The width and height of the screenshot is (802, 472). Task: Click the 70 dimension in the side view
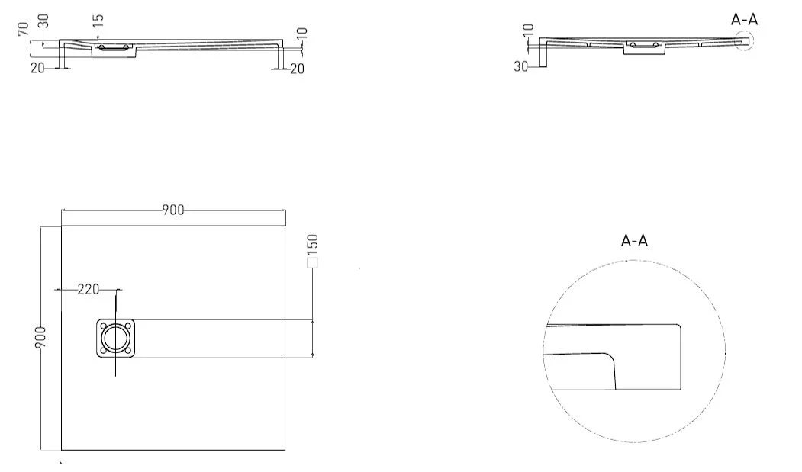22,30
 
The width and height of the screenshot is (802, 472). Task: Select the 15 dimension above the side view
98,21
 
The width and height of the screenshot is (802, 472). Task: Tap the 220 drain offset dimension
88,290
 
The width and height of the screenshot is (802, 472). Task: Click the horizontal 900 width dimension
173,210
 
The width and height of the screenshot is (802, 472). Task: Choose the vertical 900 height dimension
40,337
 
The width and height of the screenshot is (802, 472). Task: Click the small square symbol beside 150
312,263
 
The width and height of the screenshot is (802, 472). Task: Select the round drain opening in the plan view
115,338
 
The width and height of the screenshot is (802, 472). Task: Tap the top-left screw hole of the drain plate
105,326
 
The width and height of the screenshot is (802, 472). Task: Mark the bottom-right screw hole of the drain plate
127,350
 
